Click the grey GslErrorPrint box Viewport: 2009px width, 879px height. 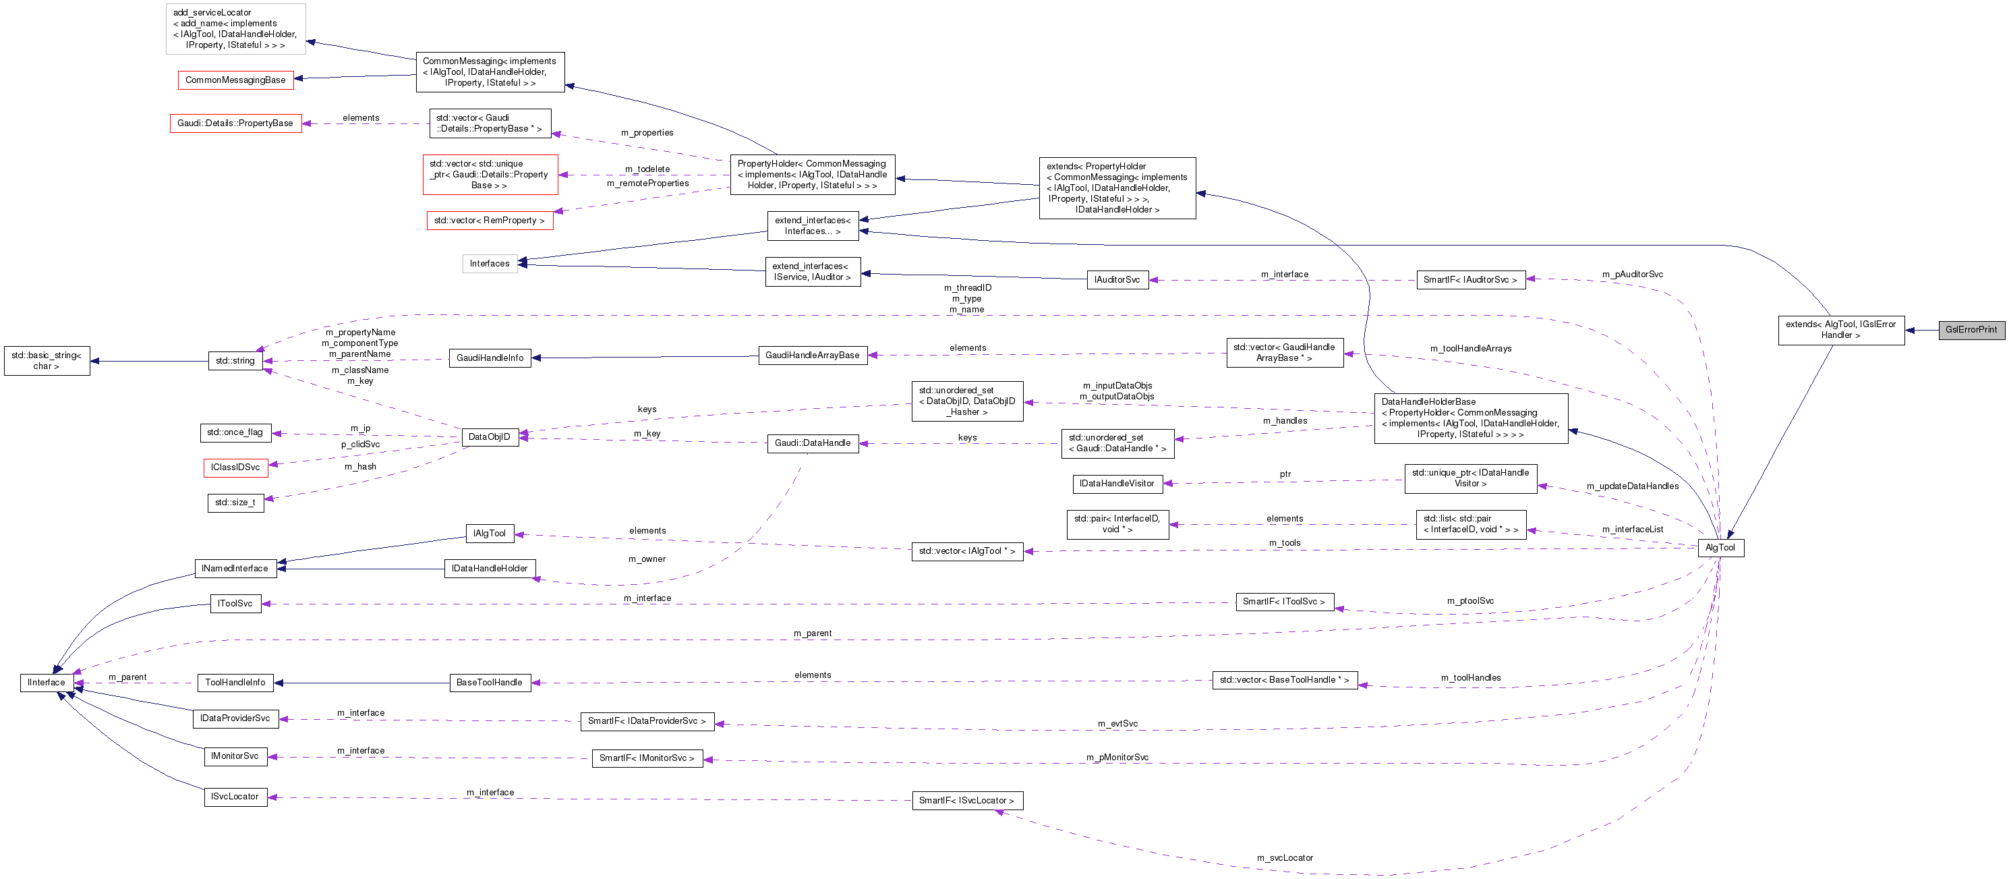tap(1971, 330)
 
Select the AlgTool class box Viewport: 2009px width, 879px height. tap(1720, 548)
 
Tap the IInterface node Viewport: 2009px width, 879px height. tap(46, 683)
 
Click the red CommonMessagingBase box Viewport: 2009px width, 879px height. tap(235, 80)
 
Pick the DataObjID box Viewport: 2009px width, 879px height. tap(489, 436)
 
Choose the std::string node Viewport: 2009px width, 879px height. tap(235, 361)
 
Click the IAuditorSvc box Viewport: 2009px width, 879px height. tap(1117, 280)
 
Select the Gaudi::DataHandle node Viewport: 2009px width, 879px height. tap(812, 443)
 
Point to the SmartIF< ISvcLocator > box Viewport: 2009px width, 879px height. tap(966, 801)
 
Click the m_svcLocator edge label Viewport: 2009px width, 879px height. tap(1285, 858)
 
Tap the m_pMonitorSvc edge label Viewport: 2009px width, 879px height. tap(1117, 758)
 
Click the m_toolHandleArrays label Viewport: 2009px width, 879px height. tap(1470, 349)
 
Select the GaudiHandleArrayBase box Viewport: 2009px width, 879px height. tap(812, 356)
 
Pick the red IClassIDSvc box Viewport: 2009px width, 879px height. tap(235, 467)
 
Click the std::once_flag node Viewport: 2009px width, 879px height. tap(235, 433)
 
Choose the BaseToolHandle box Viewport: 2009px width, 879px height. tap(489, 683)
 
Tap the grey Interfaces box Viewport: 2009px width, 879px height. tap(489, 264)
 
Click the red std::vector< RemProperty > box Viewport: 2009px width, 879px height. tap(489, 221)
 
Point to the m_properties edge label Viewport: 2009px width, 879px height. tap(647, 133)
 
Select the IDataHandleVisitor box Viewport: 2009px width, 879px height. tap(1116, 484)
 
